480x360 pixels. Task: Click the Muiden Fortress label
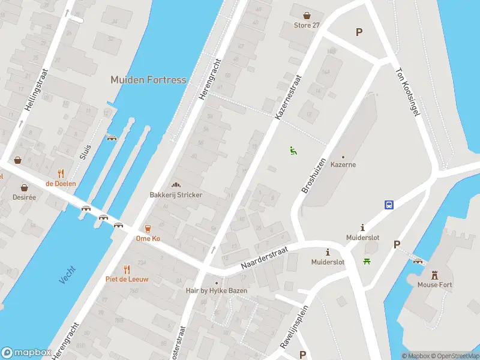coord(148,80)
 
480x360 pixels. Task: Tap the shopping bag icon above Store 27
coord(307,16)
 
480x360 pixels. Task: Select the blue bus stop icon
coord(389,205)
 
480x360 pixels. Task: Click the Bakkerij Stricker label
coord(176,195)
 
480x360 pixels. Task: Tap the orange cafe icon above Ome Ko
coord(147,228)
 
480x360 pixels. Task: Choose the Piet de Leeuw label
coord(127,279)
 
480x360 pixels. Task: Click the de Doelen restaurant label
coord(61,183)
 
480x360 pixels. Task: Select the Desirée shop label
coord(24,197)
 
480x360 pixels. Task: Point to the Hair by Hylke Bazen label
coord(217,291)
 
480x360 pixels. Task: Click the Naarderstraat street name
coord(264,257)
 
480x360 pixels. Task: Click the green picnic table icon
coord(366,260)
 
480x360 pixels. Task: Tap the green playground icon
coord(293,151)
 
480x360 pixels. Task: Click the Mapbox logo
coord(25,353)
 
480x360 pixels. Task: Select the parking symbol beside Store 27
coord(359,32)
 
